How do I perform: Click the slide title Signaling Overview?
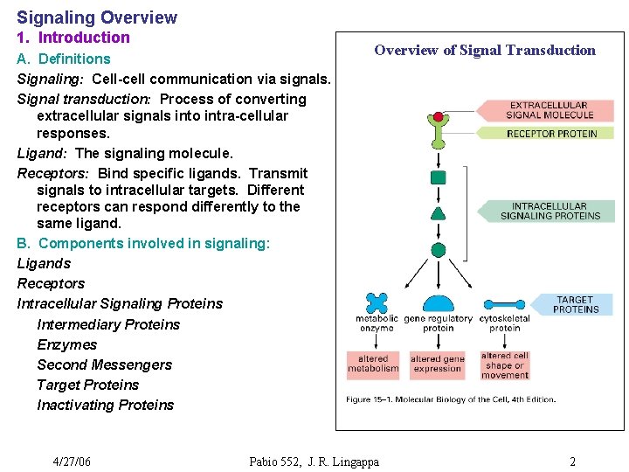click(97, 17)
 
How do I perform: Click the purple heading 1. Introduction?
click(73, 38)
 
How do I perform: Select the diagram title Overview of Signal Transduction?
click(485, 51)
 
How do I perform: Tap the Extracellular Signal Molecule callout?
click(550, 110)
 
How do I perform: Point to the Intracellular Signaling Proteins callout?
click(550, 211)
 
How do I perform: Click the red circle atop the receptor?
click(438, 116)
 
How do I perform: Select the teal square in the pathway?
click(439, 177)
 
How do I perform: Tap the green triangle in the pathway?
click(439, 213)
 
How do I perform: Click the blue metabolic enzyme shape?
click(377, 302)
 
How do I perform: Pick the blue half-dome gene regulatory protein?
click(438, 304)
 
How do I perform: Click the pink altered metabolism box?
click(373, 364)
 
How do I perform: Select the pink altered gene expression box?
click(438, 364)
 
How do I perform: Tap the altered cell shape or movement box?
click(505, 364)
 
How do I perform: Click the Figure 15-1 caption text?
click(451, 399)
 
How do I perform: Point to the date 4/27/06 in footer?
click(72, 462)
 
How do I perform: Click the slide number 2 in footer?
click(572, 462)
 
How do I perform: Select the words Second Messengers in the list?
click(104, 364)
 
